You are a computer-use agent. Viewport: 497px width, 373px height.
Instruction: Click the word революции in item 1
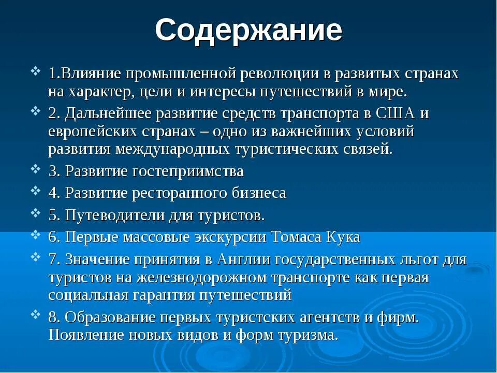pyautogui.click(x=279, y=74)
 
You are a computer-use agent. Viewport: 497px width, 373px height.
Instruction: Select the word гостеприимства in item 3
pyautogui.click(x=191, y=171)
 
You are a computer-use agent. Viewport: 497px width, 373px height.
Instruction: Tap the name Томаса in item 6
pyautogui.click(x=297, y=237)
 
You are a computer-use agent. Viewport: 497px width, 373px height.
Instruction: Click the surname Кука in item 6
pyautogui.click(x=343, y=237)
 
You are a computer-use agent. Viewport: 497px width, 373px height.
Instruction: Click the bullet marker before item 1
pyautogui.click(x=35, y=70)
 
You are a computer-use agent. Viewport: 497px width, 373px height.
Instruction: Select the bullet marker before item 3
pyautogui.click(x=35, y=168)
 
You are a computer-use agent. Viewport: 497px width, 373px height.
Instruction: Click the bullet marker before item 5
pyautogui.click(x=35, y=211)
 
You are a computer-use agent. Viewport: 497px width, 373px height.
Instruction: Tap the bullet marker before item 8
pyautogui.click(x=35, y=313)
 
